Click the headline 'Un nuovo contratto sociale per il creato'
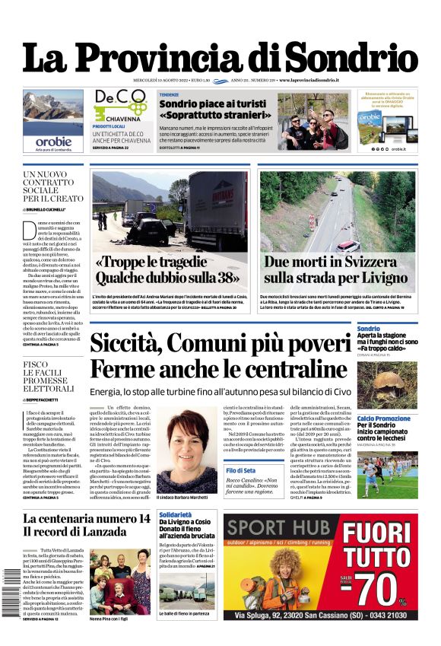(51, 187)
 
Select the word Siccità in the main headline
(144, 344)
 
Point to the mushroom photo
(395, 385)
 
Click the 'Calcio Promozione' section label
(383, 418)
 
